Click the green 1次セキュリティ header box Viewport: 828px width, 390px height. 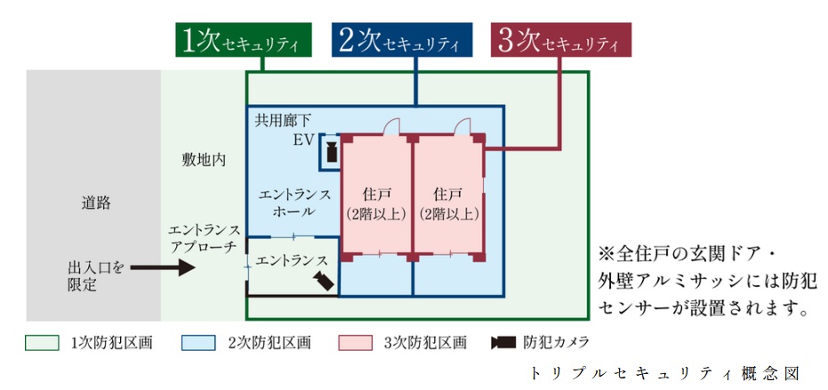[x=243, y=41]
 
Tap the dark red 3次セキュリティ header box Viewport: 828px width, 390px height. [x=560, y=41]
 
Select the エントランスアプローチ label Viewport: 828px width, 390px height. [x=202, y=237]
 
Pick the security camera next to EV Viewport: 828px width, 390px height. [x=330, y=150]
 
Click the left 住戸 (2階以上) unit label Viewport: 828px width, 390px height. [x=377, y=204]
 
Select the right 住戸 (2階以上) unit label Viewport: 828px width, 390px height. [x=448, y=204]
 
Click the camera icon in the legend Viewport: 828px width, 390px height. [x=503, y=342]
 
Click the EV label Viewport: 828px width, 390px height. [x=303, y=140]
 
